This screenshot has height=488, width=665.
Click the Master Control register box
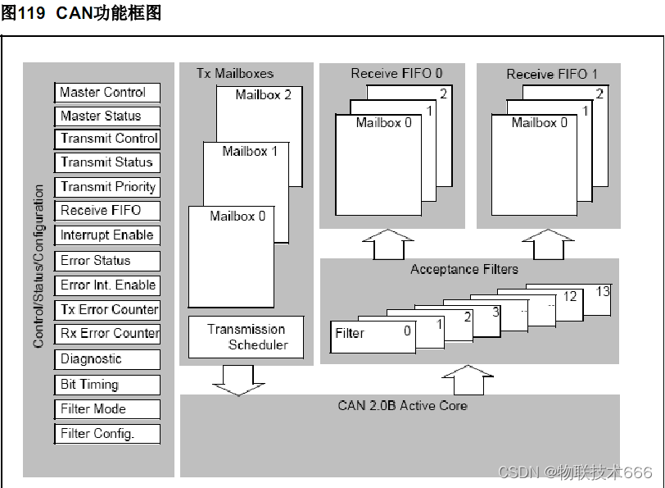[106, 93]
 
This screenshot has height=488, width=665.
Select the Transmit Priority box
[106, 187]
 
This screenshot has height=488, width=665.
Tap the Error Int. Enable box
[106, 285]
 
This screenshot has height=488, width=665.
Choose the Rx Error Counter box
[106, 334]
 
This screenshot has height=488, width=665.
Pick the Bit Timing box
[106, 385]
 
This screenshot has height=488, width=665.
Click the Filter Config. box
[106, 434]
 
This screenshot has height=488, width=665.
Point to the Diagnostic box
[106, 359]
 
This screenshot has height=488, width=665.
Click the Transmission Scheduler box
[246, 337]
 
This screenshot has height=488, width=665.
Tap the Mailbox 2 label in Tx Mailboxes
[263, 94]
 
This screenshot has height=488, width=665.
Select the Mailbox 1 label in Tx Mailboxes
[250, 152]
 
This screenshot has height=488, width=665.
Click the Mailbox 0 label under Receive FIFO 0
[383, 123]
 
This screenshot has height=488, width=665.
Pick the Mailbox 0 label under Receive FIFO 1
[539, 123]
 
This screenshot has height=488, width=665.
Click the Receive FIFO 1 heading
[551, 74]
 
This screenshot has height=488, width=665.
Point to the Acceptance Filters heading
[464, 269]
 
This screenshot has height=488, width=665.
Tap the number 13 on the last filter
[603, 292]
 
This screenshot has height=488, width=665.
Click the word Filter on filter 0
[351, 333]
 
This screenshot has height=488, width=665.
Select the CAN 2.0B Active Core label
[402, 405]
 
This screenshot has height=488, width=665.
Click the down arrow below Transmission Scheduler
[233, 377]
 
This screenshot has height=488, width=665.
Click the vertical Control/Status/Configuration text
[38, 267]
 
